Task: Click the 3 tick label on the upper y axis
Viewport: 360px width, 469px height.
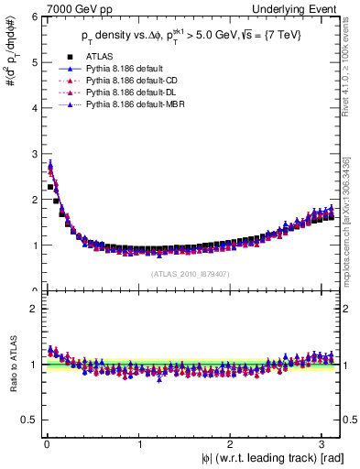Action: (30, 154)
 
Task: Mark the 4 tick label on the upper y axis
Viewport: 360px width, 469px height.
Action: (30, 108)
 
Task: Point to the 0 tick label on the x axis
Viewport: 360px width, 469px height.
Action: (46, 445)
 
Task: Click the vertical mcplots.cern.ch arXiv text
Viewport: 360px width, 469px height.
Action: (350, 215)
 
